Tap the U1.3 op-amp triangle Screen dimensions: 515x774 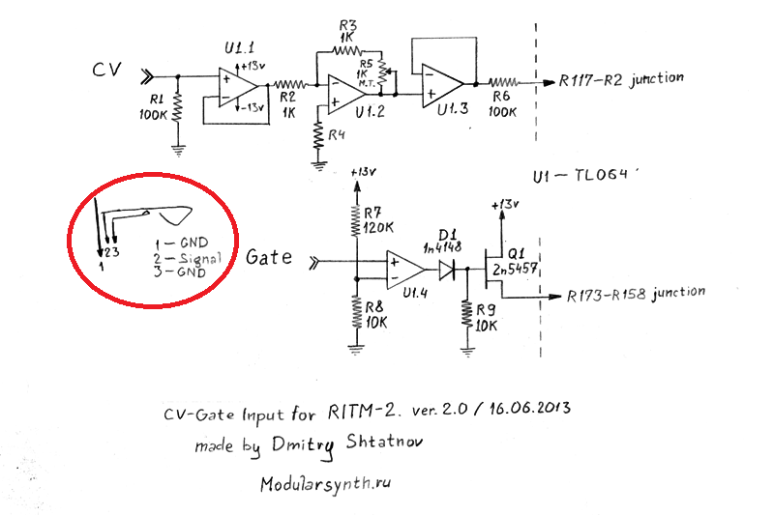point(444,83)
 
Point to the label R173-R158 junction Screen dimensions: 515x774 point(636,292)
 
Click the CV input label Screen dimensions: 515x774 point(106,72)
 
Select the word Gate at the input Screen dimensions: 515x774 point(267,258)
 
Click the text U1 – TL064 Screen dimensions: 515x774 point(579,177)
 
